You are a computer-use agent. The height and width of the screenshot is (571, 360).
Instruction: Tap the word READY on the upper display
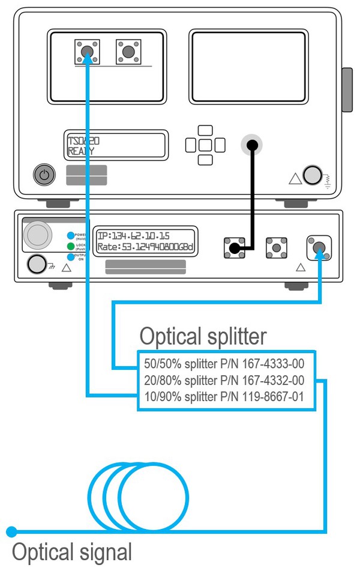81,151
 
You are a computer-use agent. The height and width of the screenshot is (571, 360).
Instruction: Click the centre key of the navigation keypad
205,145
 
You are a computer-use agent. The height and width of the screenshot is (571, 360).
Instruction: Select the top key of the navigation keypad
205,130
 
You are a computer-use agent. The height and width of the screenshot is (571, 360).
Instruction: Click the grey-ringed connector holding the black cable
252,145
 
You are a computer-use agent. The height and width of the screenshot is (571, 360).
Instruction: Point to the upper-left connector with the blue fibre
88,52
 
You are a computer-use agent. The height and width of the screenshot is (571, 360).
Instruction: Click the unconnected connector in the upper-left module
128,52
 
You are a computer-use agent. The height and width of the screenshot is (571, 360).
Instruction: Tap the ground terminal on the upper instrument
312,175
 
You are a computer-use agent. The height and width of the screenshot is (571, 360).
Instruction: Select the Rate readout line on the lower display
147,247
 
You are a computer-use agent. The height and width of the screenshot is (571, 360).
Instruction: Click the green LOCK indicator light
71,246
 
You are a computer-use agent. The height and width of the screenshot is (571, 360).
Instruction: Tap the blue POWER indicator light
71,235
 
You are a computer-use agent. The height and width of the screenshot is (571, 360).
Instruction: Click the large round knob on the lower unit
38,235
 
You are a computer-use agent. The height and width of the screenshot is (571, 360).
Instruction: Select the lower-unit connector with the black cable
235,247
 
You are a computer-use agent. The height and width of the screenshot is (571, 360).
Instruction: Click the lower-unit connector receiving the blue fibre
319,247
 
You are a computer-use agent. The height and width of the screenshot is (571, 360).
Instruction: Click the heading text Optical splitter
203,336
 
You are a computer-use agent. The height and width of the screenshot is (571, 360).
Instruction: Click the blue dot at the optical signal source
11,531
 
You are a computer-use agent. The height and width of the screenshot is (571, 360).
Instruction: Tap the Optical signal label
71,552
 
